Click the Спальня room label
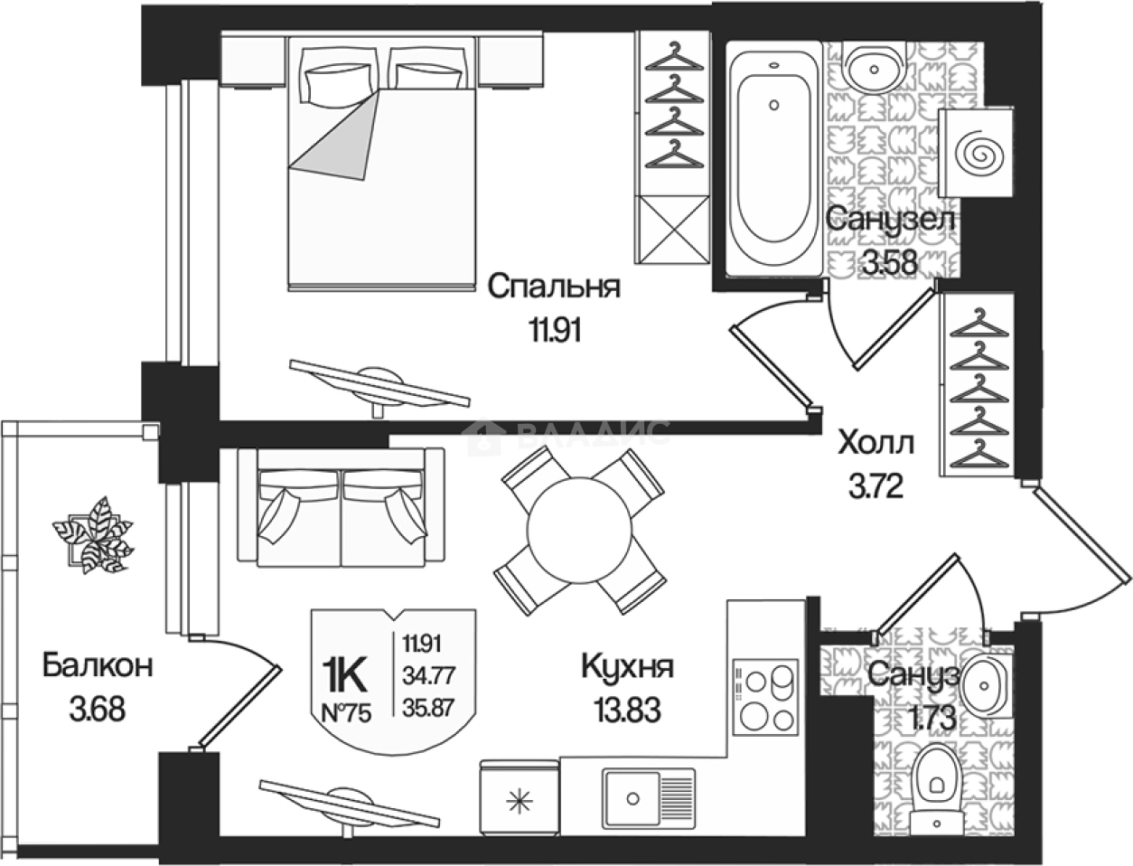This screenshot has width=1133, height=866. pos(553,287)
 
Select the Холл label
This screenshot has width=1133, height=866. pos(875,444)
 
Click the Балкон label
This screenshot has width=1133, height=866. pos(97,666)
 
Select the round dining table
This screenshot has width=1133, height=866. pos(579,529)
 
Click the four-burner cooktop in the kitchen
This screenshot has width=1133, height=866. pos(764,698)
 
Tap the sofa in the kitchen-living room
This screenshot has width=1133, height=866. pos(342,512)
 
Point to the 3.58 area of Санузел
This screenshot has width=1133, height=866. pos(889,263)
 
